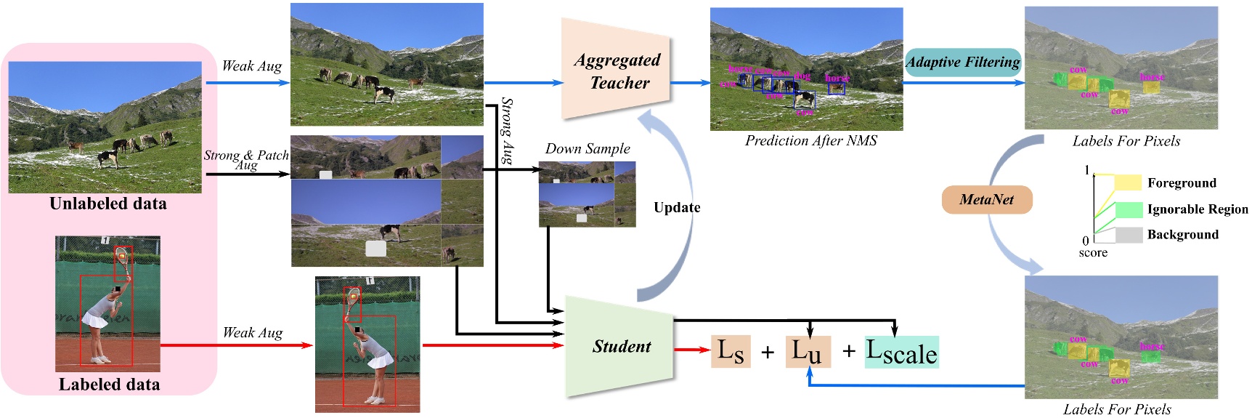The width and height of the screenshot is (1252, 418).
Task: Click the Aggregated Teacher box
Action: click(x=616, y=71)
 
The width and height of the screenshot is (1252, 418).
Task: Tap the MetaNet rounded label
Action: click(x=986, y=200)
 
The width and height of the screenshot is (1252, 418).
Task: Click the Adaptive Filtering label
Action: click(x=962, y=63)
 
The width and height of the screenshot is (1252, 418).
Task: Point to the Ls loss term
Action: click(x=731, y=352)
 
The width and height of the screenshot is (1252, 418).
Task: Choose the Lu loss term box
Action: click(x=807, y=352)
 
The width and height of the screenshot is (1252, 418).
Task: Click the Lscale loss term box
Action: click(x=901, y=353)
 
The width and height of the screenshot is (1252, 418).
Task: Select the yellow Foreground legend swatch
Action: click(x=1128, y=182)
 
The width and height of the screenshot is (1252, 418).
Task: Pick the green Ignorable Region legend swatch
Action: click(x=1129, y=209)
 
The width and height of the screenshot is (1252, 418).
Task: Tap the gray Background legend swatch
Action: click(x=1129, y=235)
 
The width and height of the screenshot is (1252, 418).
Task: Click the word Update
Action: click(x=677, y=208)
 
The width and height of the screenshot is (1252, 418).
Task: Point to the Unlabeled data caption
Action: click(x=108, y=204)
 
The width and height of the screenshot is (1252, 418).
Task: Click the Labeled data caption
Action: click(x=109, y=385)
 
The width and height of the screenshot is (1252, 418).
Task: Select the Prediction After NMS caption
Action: click(x=810, y=141)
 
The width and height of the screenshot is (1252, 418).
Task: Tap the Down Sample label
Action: click(x=588, y=149)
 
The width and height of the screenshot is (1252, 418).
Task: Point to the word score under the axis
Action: click(x=1092, y=253)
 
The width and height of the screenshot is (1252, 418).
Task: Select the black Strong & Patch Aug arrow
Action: click(x=247, y=174)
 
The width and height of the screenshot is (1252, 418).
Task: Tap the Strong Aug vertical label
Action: click(x=508, y=131)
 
